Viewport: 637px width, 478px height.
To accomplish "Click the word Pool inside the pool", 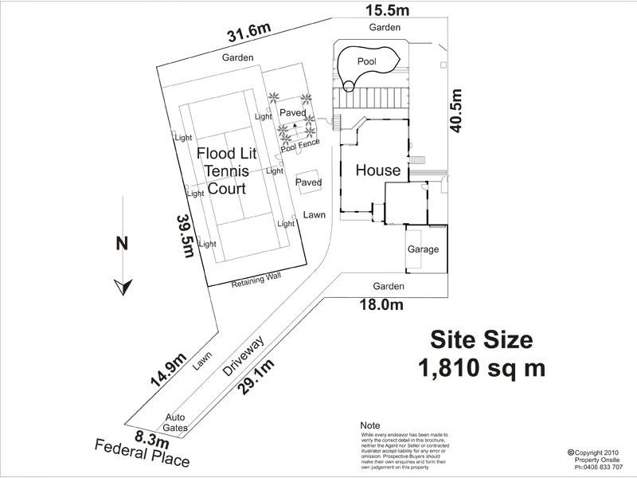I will click(366, 61).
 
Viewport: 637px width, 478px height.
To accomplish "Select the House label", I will click(377, 170).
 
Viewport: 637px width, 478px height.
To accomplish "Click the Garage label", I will click(423, 249).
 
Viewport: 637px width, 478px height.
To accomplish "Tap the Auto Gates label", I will click(175, 421).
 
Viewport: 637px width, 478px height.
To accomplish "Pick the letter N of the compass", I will click(122, 245).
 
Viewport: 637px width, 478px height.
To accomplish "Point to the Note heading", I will click(370, 425).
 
